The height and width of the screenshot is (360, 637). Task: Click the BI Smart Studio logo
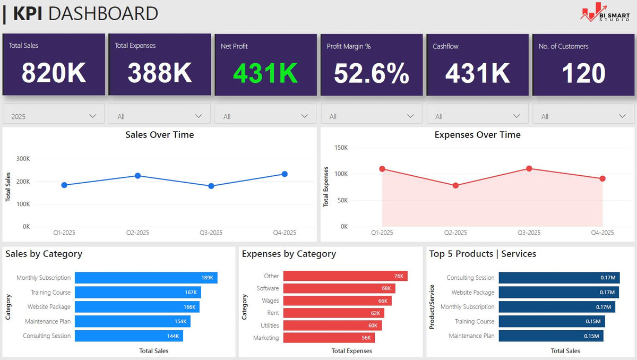pyautogui.click(x=605, y=13)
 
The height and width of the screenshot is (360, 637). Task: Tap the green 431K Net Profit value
pyautogui.click(x=265, y=73)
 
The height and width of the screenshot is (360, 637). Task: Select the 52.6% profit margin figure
pyautogui.click(x=372, y=73)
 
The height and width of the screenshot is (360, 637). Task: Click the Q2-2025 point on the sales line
pyautogui.click(x=137, y=176)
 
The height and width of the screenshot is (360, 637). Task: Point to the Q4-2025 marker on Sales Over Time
pyautogui.click(x=285, y=174)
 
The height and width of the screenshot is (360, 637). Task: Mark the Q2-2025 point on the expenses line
pyautogui.click(x=455, y=185)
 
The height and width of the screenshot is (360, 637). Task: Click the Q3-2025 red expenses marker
pyautogui.click(x=529, y=169)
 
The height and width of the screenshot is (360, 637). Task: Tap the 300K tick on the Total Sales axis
pyautogui.click(x=23, y=159)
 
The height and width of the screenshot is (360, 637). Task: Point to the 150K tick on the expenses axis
pyautogui.click(x=341, y=148)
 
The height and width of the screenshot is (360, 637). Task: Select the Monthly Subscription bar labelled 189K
pyautogui.click(x=146, y=278)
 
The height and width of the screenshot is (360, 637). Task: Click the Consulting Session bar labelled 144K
pyautogui.click(x=129, y=336)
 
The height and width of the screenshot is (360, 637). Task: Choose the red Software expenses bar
pyautogui.click(x=339, y=288)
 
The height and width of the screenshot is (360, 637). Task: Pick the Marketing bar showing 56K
pyautogui.click(x=329, y=338)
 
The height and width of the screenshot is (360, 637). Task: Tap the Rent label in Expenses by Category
pyautogui.click(x=273, y=313)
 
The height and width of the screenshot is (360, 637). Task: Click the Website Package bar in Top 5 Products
pyautogui.click(x=559, y=293)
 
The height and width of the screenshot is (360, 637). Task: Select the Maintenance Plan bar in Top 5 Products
pyautogui.click(x=551, y=336)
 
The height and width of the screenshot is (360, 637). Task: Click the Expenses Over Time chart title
pyautogui.click(x=477, y=135)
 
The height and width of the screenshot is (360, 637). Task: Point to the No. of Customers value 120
pyautogui.click(x=583, y=73)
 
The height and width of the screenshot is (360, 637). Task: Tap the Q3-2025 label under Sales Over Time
pyautogui.click(x=211, y=233)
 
